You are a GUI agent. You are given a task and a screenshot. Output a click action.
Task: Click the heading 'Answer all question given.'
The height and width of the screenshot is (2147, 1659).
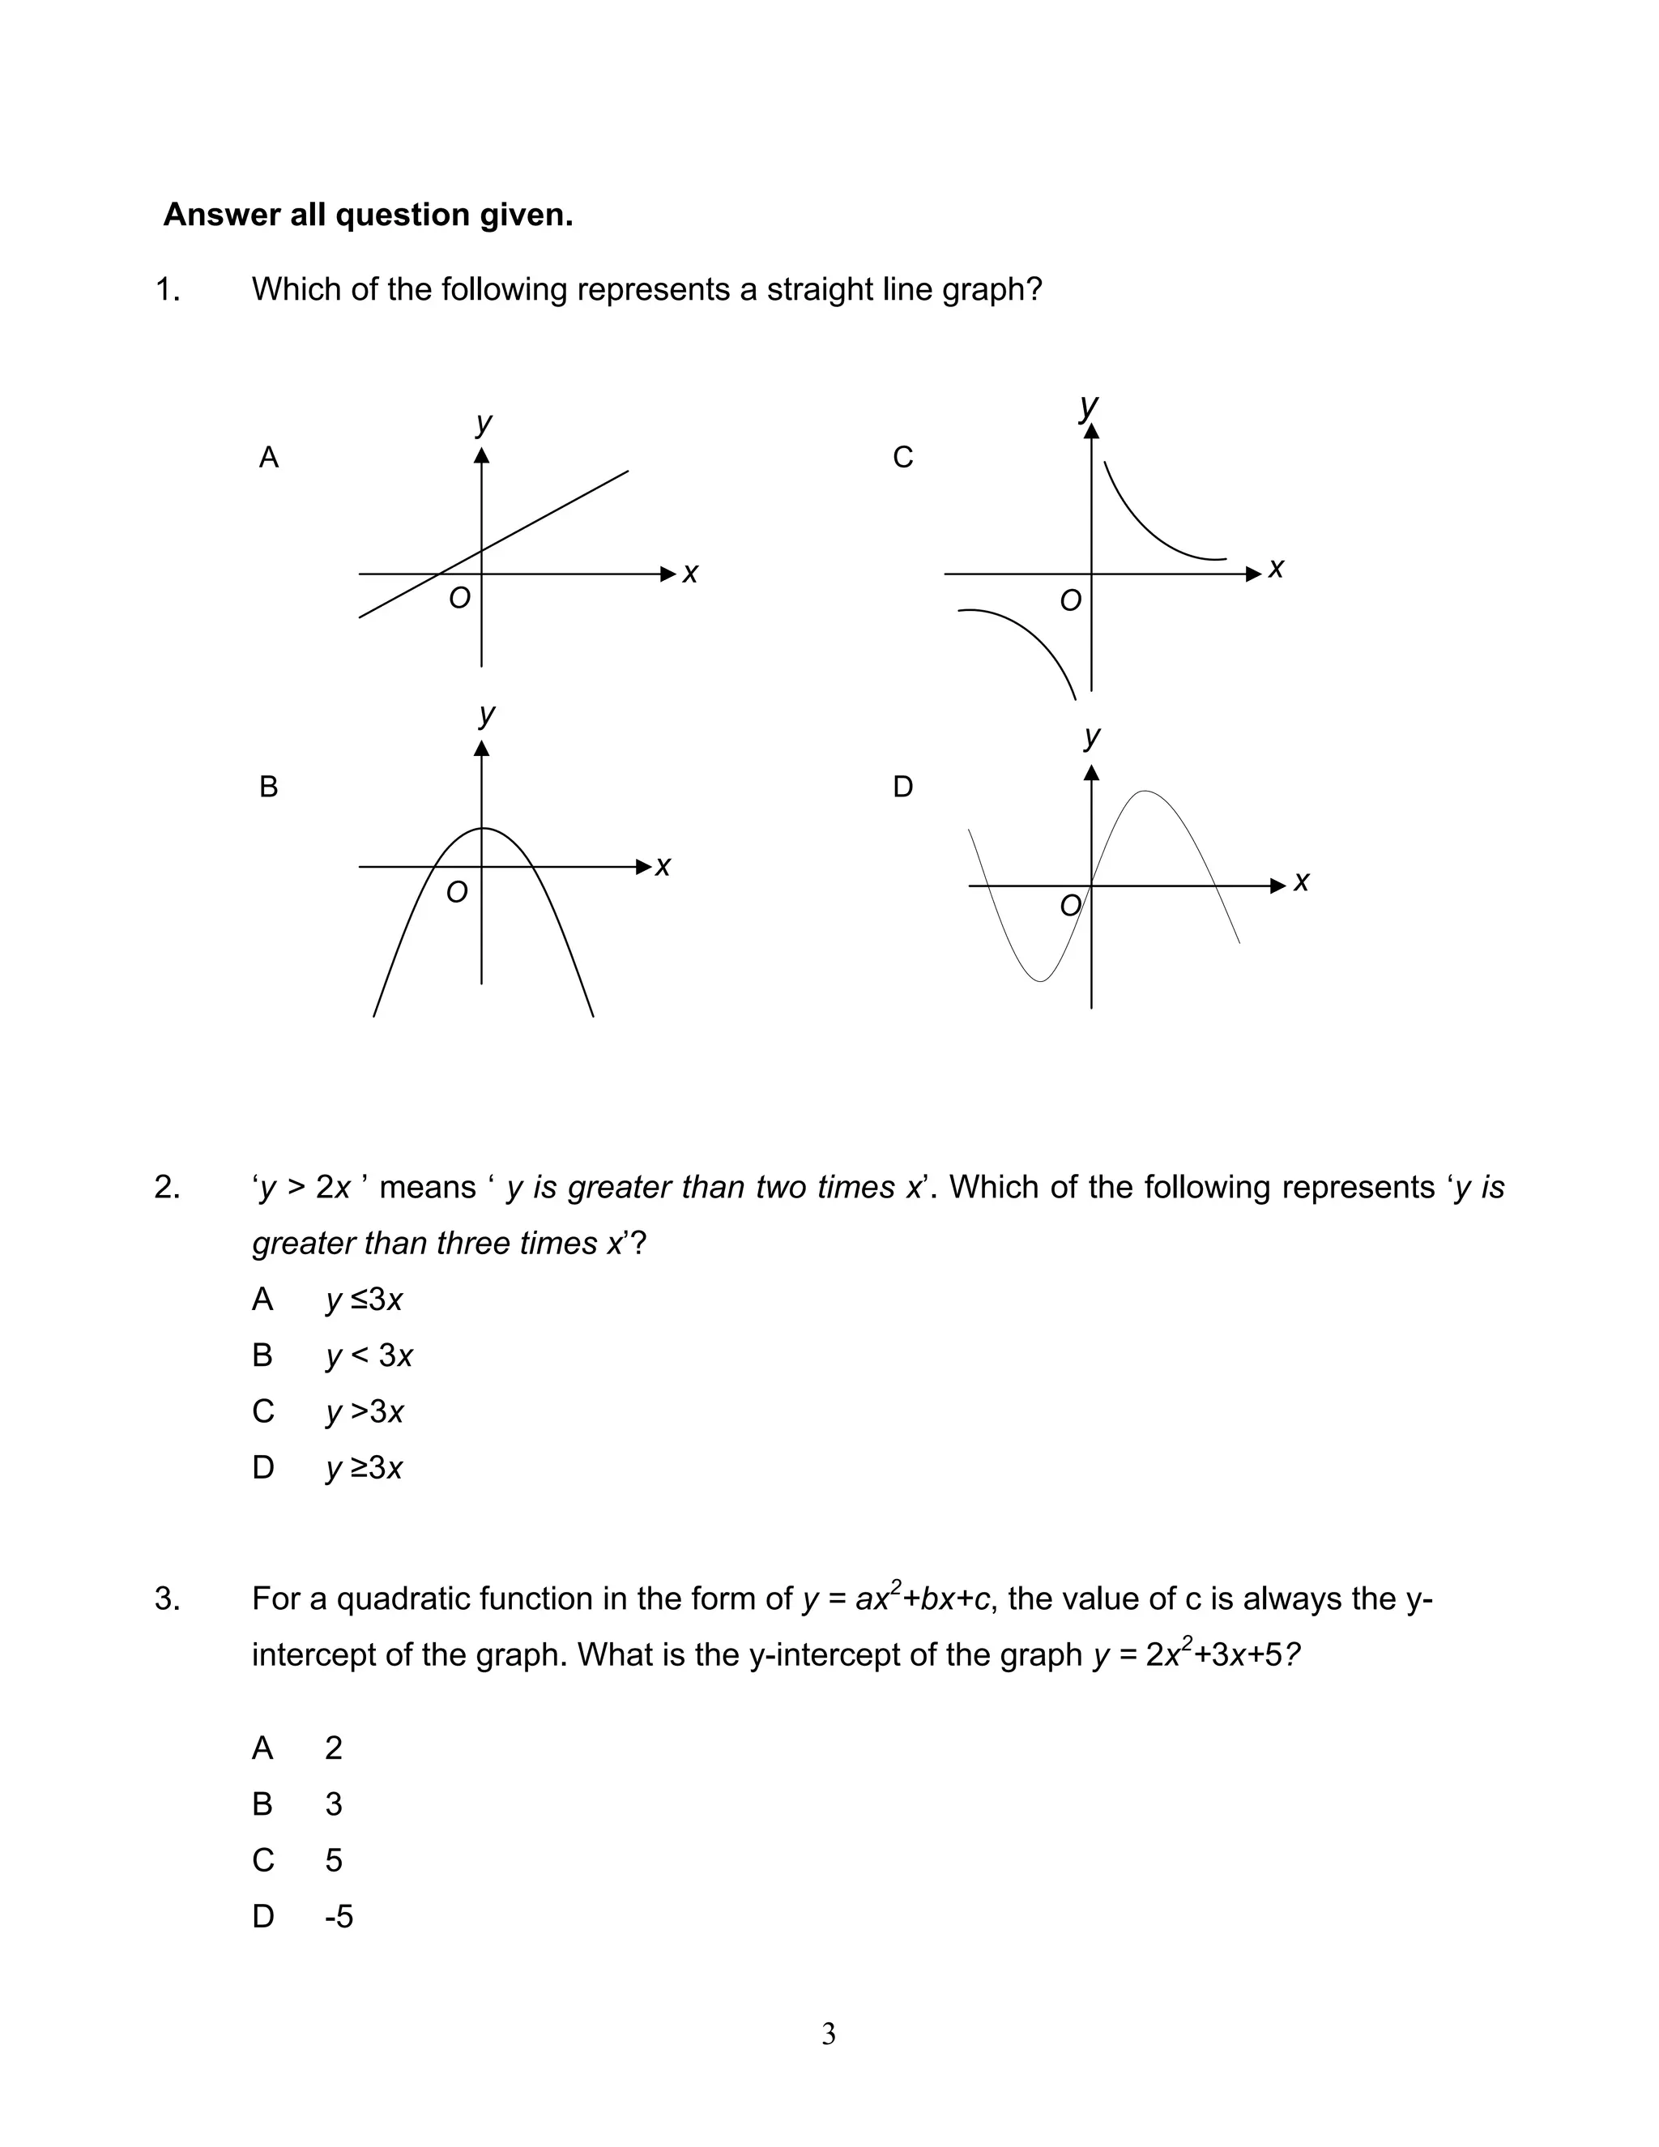coord(368,215)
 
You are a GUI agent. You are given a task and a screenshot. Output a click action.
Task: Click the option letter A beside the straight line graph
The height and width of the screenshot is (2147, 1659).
coord(268,457)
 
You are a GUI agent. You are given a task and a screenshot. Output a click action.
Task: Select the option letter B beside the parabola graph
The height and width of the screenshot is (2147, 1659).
coord(268,787)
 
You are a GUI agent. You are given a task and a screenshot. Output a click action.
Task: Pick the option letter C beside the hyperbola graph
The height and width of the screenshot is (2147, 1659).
coord(902,457)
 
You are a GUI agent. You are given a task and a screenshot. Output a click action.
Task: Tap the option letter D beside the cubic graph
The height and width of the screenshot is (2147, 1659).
coord(902,787)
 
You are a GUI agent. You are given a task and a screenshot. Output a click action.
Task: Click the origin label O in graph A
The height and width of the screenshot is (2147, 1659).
coord(459,598)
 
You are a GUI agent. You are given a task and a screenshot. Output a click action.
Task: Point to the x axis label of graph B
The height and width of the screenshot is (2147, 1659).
coord(663,866)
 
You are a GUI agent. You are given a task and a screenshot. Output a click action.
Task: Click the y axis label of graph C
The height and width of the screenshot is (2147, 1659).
coord(1088,405)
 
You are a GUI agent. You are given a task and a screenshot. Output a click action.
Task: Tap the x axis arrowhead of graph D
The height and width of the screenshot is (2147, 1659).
coord(1277,886)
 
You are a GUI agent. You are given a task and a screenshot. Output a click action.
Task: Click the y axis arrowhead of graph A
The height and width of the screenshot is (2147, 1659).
coord(482,455)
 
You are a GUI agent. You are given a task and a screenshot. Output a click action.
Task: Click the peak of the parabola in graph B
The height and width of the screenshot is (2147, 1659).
coord(482,829)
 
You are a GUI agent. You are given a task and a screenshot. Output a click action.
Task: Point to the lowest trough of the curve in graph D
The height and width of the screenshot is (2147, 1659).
coord(1040,980)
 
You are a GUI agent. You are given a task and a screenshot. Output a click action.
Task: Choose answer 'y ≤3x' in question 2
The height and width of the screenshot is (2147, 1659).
coord(365,1300)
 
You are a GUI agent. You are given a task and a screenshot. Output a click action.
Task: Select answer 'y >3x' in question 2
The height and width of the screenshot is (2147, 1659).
coord(365,1411)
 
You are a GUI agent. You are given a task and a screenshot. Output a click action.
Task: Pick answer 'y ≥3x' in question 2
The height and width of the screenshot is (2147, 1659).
coord(365,1468)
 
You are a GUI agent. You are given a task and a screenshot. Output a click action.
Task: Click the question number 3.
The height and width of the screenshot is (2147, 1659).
coord(167,1599)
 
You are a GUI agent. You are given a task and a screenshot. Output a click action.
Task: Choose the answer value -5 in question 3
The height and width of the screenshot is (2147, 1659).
coord(338,1916)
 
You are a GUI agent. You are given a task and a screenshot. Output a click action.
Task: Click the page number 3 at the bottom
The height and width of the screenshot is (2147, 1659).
coord(829,2034)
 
